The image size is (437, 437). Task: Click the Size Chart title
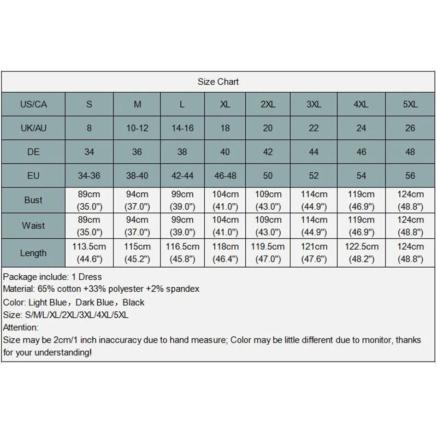click(x=218, y=82)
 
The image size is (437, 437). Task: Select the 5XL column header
click(x=410, y=104)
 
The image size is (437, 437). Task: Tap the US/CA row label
click(x=33, y=104)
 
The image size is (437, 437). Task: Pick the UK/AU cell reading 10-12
click(x=137, y=128)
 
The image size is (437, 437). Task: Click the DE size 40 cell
click(x=225, y=152)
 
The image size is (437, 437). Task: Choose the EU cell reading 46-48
click(x=225, y=175)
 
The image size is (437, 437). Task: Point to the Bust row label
click(x=33, y=200)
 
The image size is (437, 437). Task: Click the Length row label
click(x=33, y=253)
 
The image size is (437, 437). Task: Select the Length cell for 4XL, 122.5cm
click(x=361, y=252)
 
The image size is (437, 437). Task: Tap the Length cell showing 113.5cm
click(x=89, y=252)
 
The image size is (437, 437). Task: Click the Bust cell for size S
click(x=89, y=200)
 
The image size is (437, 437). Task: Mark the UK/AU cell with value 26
click(x=410, y=128)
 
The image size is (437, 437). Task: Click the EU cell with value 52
click(x=314, y=175)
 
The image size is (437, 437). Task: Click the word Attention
click(x=20, y=327)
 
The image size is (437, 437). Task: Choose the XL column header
click(x=225, y=104)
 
